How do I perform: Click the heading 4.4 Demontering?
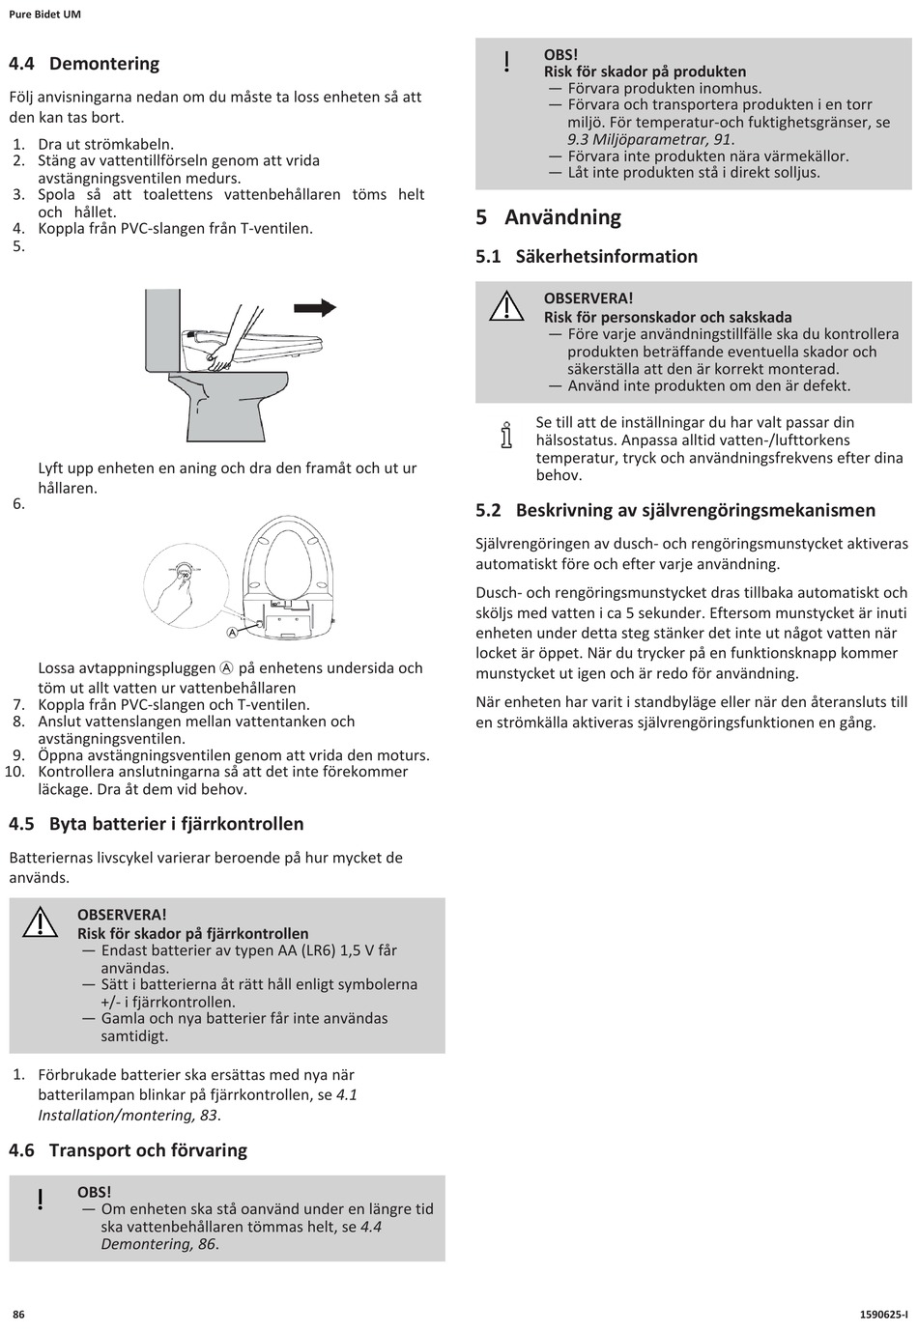84,64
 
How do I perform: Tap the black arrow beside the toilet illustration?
315,307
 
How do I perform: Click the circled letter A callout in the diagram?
232,633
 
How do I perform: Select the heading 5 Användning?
549,217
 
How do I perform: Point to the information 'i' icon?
505,436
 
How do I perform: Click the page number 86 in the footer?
18,1314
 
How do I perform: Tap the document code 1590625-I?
882,1314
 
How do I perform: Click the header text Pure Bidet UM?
44,15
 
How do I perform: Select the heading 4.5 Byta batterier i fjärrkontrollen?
157,824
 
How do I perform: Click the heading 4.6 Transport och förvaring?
128,1150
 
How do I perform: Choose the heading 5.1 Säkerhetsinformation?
587,257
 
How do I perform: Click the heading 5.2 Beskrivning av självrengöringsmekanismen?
675,510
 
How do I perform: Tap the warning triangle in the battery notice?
41,923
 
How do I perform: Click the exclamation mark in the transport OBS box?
41,1201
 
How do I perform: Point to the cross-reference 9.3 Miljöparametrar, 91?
650,139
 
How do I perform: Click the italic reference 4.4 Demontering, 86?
159,1244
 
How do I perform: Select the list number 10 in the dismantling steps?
14,772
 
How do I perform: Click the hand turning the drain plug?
169,589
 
